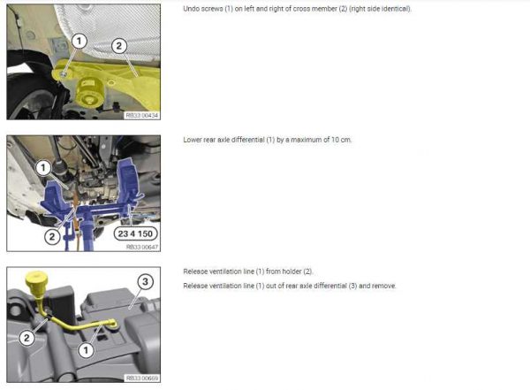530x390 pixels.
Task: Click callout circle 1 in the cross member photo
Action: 79,42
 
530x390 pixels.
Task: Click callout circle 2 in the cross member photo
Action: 119,46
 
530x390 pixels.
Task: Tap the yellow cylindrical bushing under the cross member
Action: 89,91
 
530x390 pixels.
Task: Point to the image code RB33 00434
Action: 142,116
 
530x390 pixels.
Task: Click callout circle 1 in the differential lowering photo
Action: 43,167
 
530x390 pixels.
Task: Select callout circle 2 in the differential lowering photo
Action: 52,236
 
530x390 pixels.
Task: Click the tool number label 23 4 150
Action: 135,233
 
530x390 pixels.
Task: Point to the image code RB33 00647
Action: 142,247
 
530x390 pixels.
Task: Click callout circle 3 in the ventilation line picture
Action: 145,281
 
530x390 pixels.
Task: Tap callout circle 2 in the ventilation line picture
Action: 26,338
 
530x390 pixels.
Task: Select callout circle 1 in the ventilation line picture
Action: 86,350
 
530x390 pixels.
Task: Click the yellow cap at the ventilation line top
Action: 36,281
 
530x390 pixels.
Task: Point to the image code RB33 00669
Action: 142,379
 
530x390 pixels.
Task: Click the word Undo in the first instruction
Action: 192,9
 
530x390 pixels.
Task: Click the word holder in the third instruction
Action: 291,271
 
